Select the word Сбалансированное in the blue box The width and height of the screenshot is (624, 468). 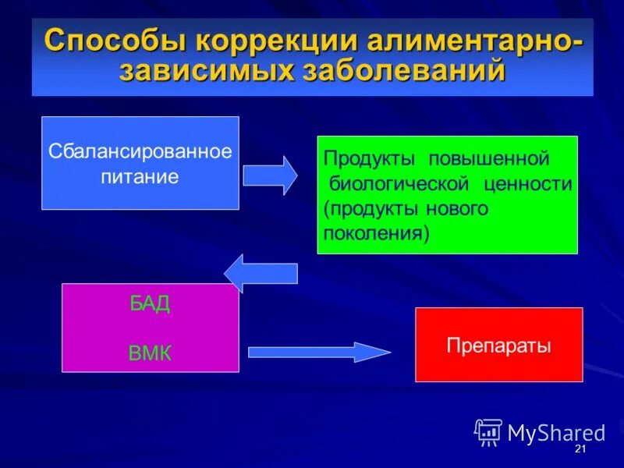140,151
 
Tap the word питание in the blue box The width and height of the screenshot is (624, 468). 140,176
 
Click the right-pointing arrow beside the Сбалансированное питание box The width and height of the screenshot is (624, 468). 270,175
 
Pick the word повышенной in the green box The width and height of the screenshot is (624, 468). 488,159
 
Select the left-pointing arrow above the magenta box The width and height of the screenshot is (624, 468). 261,273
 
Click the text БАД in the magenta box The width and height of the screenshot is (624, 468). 150,304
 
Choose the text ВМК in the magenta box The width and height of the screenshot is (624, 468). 150,353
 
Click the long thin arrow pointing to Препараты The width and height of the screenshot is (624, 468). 319,352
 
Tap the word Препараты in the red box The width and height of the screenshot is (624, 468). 498,345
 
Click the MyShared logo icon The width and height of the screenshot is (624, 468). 488,432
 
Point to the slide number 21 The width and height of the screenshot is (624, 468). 580,451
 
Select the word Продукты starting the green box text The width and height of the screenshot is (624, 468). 362,159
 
